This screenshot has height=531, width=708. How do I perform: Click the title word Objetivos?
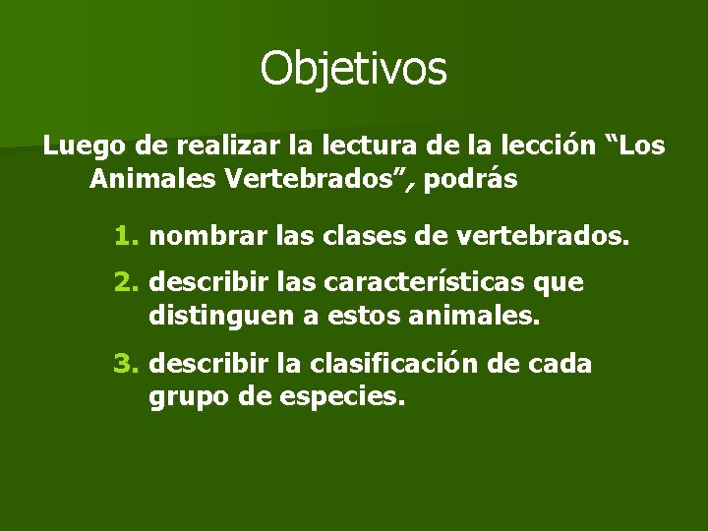pos(353,68)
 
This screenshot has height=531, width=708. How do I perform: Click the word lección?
pos(549,147)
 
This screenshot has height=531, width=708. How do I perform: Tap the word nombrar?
pos(197,236)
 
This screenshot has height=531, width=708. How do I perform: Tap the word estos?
pos(348,318)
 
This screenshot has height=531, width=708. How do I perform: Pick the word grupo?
pos(184,398)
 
